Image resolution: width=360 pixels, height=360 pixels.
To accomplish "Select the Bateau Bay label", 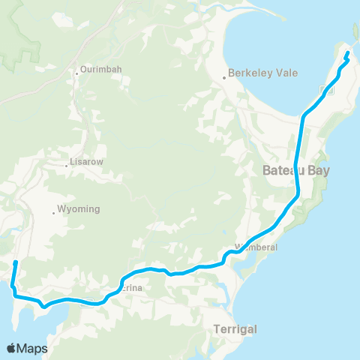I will [296, 170].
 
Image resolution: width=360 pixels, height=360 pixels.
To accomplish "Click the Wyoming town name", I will [79, 209].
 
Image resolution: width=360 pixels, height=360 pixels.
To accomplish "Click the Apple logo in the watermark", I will [12, 348].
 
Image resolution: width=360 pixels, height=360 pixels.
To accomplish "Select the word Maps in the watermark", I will [33, 348].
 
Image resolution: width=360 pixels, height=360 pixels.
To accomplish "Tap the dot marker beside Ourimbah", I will [77, 73].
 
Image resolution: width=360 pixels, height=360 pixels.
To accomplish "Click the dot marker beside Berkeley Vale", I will [224, 77].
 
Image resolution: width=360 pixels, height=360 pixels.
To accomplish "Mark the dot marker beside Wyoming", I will [54, 213].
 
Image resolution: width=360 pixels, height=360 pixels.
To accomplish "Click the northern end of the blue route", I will [347, 54].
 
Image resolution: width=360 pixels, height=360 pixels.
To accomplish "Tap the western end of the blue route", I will [16, 262].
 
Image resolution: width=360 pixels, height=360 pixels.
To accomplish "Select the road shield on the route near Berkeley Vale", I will [325, 91].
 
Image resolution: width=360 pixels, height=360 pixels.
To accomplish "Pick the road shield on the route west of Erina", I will [88, 303].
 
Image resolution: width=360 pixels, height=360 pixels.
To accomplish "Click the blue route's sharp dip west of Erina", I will [44, 306].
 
